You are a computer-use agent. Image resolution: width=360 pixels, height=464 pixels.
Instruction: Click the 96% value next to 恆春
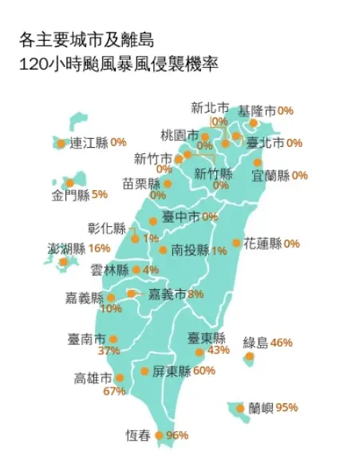176,435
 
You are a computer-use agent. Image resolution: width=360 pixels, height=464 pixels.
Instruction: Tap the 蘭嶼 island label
261,408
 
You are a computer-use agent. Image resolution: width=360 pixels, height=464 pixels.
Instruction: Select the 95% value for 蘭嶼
287,408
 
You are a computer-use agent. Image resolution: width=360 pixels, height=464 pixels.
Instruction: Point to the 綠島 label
255,343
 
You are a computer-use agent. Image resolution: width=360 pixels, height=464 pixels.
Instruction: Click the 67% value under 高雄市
115,391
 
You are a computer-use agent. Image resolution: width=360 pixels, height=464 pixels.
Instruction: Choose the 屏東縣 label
172,371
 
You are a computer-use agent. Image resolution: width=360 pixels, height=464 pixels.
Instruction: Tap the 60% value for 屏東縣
204,371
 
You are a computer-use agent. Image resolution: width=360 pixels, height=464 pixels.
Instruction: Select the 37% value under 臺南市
109,351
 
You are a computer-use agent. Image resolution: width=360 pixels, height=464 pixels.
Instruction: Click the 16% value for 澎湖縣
100,248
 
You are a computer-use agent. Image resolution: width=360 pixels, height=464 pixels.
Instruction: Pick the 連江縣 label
89,143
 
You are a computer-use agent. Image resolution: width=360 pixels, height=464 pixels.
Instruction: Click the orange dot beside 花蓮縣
236,243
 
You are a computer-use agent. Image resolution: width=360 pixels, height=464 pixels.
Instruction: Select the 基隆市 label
258,110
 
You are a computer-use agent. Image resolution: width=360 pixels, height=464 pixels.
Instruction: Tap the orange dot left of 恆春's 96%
159,435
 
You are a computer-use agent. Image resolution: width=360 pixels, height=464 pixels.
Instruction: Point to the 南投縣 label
190,250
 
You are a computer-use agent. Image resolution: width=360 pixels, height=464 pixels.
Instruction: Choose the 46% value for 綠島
282,343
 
